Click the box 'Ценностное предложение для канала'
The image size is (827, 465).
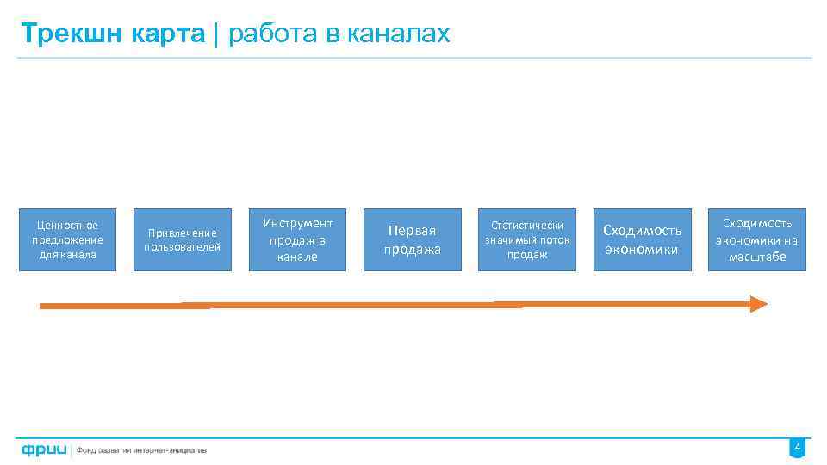pos(67,240)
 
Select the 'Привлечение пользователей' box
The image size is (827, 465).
pos(182,240)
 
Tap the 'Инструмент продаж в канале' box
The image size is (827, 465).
pos(297,240)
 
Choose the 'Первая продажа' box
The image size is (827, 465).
pos(412,240)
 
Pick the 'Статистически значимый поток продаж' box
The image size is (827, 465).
pos(526,240)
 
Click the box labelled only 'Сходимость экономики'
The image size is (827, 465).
pos(642,240)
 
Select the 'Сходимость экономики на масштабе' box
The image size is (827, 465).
pos(756,240)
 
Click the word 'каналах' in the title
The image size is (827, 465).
pos(404,34)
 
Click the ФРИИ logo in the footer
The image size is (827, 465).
pos(45,449)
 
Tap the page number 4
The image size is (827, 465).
pos(798,448)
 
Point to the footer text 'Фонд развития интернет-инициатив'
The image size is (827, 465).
pos(141,449)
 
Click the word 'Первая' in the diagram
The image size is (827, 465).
pos(412,231)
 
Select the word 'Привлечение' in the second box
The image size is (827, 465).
pos(182,232)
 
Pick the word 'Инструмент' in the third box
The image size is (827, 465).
pos(297,224)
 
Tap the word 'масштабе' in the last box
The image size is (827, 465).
pos(756,257)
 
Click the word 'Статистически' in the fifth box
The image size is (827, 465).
pos(526,226)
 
